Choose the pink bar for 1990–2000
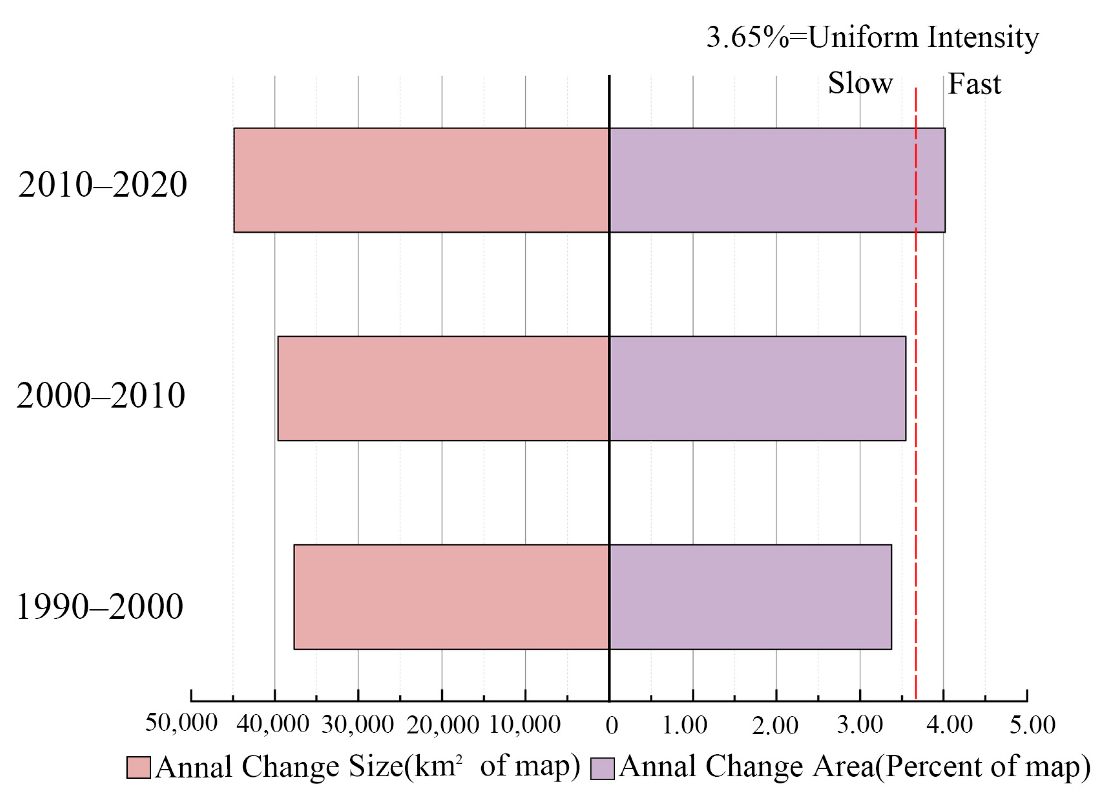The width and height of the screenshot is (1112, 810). click(x=451, y=597)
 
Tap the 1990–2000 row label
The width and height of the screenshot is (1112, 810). click(x=100, y=607)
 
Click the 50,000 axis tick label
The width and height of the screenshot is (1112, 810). click(x=181, y=723)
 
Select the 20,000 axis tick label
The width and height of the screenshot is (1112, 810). click(x=442, y=725)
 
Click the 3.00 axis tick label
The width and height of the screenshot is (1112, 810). click(x=859, y=725)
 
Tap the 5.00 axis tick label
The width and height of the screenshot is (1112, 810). click(x=1032, y=725)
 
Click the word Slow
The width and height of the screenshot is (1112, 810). click(x=860, y=83)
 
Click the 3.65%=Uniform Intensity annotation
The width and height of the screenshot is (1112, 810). click(x=872, y=37)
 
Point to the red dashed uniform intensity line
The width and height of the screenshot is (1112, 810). click(x=915, y=490)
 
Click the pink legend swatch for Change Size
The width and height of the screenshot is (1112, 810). click(x=139, y=767)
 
